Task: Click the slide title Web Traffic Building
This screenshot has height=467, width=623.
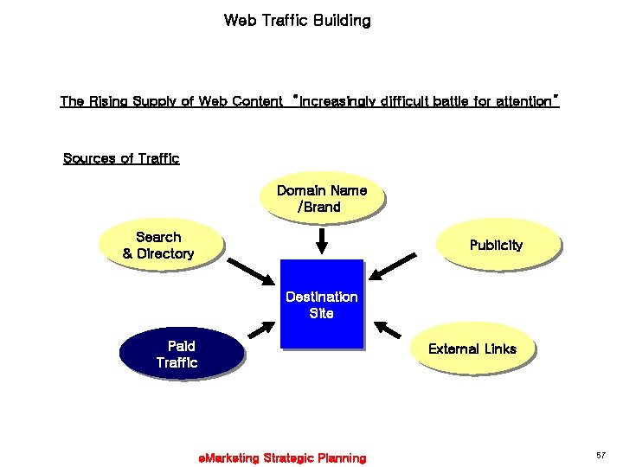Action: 297,20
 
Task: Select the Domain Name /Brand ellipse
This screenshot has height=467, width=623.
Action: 321,198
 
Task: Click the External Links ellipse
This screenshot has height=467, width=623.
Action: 472,349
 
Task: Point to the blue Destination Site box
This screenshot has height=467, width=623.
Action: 321,304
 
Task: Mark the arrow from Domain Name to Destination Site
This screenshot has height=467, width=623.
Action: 321,240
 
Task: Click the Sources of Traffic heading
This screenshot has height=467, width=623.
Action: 121,158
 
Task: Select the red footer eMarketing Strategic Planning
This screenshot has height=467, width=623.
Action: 282,457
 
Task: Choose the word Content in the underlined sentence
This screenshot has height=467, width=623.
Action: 258,101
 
